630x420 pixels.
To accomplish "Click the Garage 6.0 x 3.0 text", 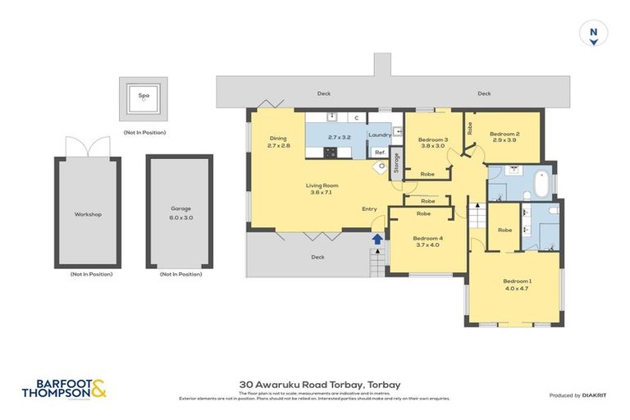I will (180, 213).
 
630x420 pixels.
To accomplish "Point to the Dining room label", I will (279, 141).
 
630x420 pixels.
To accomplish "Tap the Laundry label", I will (380, 135).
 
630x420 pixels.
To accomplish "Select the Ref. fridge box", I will (380, 153).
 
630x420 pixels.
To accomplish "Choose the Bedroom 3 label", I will (432, 143).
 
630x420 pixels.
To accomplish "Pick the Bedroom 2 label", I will (504, 137).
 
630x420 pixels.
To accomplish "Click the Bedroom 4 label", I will (428, 242).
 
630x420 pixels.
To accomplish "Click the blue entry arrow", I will (377, 240).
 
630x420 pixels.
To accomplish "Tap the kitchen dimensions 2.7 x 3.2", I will (339, 138).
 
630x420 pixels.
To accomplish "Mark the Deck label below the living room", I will (317, 257).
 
